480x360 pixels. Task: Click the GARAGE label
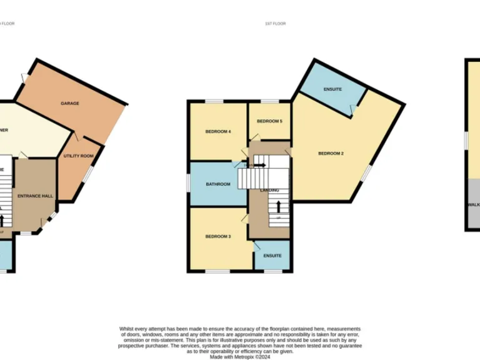69,103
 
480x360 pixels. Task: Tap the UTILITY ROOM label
79,156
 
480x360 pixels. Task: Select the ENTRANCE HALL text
34,196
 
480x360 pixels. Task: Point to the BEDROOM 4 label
219,131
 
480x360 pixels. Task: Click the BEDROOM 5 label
269,121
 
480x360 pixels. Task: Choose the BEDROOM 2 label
331,153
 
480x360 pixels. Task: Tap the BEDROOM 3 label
219,236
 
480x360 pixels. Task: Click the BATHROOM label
219,184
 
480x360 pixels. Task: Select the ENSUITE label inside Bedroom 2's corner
332,89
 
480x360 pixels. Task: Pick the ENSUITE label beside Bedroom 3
272,256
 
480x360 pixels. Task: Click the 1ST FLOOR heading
275,24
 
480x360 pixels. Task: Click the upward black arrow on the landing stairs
278,206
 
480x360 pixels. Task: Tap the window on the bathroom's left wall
189,183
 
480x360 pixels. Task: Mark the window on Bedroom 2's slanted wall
367,172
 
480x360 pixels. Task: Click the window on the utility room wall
87,175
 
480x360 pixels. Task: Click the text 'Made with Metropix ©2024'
240,356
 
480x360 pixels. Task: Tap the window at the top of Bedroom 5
269,101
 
